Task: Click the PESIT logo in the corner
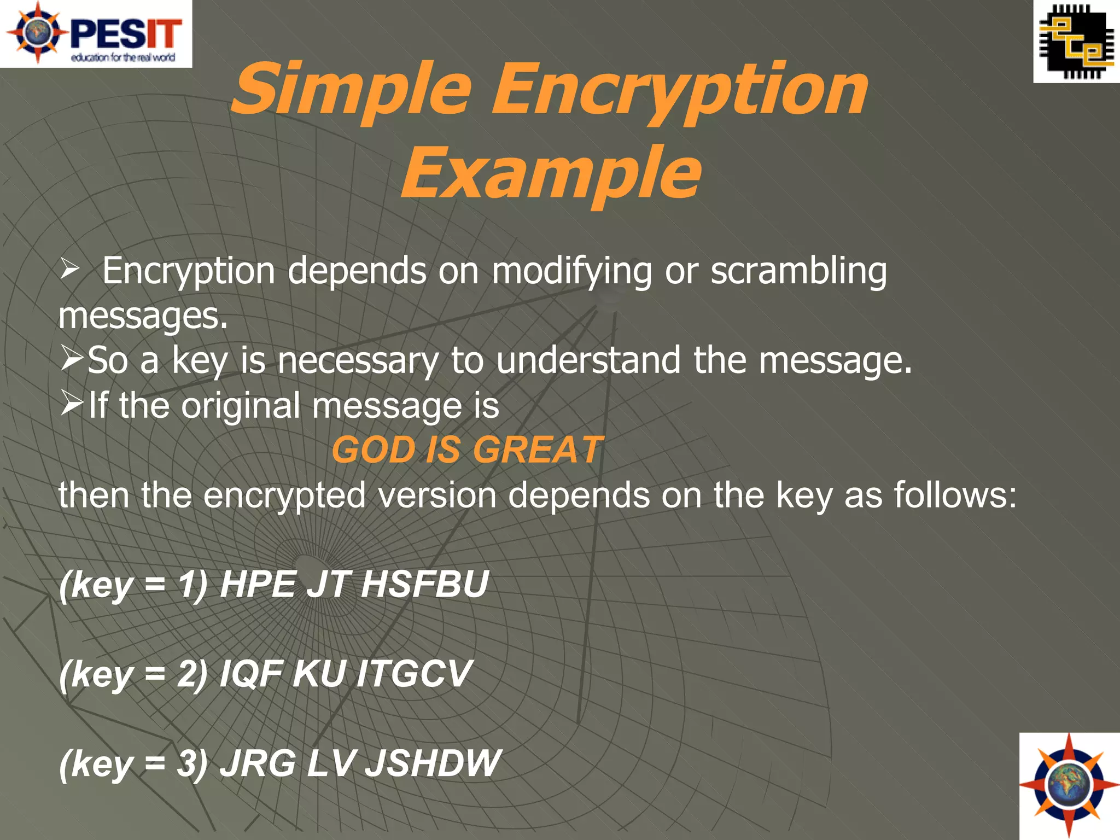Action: click(96, 33)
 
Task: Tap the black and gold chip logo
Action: click(1076, 42)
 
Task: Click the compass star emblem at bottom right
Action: click(1069, 786)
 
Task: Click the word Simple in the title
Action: click(351, 90)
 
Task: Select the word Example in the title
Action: click(551, 174)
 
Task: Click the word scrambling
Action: click(798, 271)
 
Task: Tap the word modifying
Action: click(571, 272)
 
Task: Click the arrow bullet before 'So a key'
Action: click(71, 359)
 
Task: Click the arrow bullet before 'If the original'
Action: click(71, 404)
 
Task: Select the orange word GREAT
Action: click(537, 450)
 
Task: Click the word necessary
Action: click(358, 361)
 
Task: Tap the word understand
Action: click(588, 360)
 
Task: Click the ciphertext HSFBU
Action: click(424, 584)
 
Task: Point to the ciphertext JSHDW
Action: click(432, 763)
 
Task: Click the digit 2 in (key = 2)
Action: click(186, 673)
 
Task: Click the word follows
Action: click(954, 494)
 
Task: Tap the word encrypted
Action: click(284, 495)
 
